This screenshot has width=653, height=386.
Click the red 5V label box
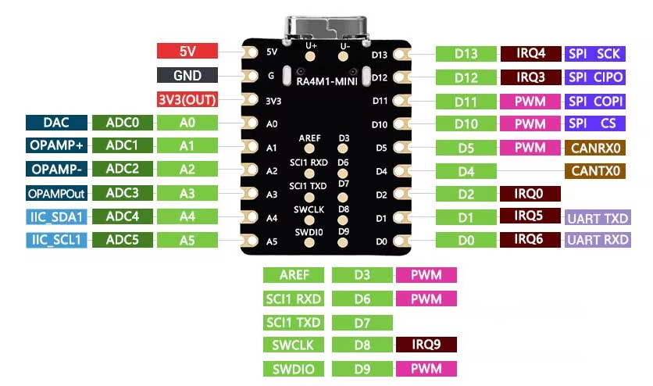tap(187, 51)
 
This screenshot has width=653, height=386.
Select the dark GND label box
tap(187, 75)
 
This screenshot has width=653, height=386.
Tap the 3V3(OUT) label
tap(187, 99)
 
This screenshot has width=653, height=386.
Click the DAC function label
tap(57, 123)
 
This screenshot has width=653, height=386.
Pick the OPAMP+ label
tap(57, 145)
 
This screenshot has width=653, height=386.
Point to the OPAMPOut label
tap(57, 193)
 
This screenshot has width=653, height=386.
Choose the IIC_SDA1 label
tap(57, 217)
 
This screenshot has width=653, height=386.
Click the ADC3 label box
tap(123, 193)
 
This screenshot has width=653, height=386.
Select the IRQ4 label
tap(530, 53)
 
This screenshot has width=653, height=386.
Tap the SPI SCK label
tap(595, 54)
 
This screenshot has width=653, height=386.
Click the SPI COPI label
tap(595, 101)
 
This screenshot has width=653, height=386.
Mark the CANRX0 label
tap(595, 148)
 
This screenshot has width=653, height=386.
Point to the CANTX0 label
tap(595, 170)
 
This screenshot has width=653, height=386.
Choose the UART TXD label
tap(598, 218)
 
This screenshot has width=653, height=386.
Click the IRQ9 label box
tap(426, 345)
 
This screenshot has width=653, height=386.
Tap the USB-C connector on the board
tap(326, 29)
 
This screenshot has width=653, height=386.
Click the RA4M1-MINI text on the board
tap(327, 81)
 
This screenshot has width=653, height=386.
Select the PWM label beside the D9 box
tap(426, 369)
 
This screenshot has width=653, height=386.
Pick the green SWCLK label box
tap(293, 345)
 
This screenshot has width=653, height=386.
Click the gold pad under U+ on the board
tap(310, 55)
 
